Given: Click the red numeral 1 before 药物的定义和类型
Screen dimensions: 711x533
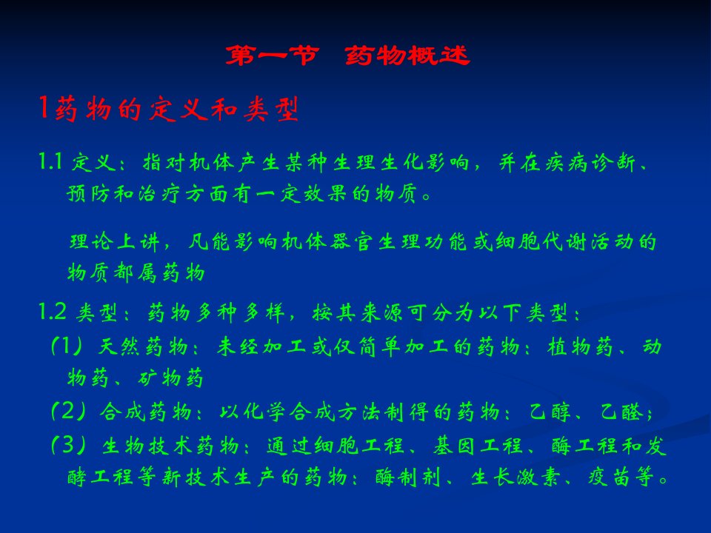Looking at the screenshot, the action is (x=44, y=108).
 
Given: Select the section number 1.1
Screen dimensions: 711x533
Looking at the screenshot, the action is (x=50, y=161).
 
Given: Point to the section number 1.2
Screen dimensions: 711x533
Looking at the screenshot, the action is (x=52, y=312).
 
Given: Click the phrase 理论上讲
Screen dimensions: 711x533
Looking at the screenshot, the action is (x=115, y=241).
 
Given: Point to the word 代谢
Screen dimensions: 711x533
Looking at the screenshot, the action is (x=565, y=241).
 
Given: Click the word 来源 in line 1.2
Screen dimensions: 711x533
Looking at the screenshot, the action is (x=381, y=312).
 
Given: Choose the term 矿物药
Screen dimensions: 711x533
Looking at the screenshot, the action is (x=170, y=377).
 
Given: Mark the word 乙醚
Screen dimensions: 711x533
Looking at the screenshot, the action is (x=621, y=412).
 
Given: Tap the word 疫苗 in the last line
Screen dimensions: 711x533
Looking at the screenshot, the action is (x=609, y=477).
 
